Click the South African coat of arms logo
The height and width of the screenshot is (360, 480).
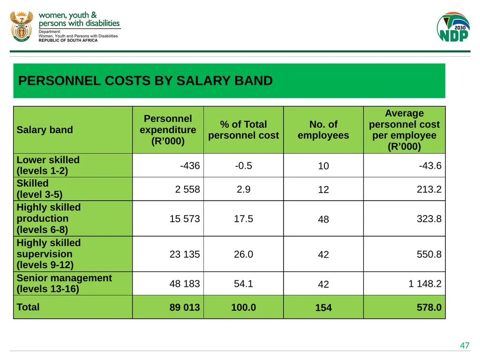point(22,27)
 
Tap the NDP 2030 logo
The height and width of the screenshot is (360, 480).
point(453,27)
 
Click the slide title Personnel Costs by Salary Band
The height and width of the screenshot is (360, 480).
point(145,81)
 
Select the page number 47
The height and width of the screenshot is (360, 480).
point(465,345)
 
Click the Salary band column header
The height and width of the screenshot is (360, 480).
point(45,130)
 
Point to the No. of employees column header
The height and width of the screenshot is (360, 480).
point(323,130)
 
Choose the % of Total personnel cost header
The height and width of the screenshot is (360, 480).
point(243,130)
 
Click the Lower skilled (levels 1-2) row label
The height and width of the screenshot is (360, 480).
point(48,165)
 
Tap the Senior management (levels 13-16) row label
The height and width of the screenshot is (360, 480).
point(64,284)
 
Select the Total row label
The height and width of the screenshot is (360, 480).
point(28,307)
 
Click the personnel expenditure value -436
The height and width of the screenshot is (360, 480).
point(190,165)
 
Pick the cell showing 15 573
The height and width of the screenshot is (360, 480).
point(185,218)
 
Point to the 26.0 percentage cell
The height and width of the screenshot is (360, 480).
point(243,254)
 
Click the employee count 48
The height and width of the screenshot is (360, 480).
point(323,219)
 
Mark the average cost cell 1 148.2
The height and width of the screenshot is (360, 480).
point(425,284)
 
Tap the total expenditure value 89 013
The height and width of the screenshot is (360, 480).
point(185,307)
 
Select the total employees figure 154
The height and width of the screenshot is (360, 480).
point(323,307)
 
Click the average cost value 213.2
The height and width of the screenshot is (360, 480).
point(429,189)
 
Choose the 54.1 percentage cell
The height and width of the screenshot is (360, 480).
point(243,284)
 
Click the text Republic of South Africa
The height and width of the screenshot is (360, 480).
point(68,40)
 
